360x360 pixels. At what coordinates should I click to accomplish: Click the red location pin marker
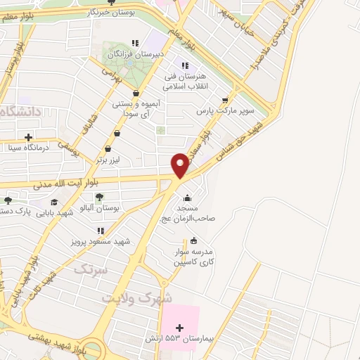point(181,164)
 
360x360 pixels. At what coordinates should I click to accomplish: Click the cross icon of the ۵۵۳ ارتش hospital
point(179,328)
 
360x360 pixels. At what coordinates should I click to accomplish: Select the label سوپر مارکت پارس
point(214,112)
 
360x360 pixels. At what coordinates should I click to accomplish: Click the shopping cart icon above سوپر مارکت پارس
point(224,101)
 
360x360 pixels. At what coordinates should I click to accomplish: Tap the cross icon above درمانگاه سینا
point(28,137)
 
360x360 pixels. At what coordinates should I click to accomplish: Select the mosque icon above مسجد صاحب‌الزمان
point(186,197)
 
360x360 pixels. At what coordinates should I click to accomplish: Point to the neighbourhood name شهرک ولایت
point(137,297)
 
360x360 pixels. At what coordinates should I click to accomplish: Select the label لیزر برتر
point(110,160)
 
